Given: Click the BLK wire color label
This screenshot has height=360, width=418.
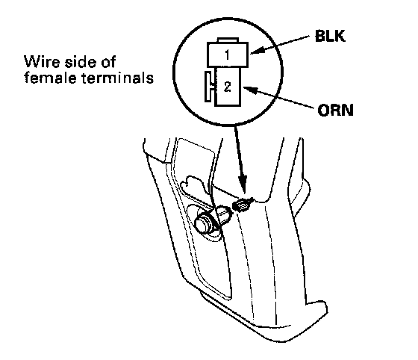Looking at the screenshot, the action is click(x=330, y=36).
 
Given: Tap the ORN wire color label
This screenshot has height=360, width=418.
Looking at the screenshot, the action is click(x=335, y=110).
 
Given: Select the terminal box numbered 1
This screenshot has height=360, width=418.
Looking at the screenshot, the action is click(x=228, y=55).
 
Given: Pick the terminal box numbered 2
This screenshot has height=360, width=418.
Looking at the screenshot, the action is click(x=228, y=87).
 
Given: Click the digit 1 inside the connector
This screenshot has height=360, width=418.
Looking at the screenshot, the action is click(x=227, y=55).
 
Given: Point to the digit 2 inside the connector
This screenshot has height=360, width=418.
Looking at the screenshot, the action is click(x=228, y=87).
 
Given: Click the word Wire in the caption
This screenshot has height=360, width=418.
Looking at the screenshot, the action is click(x=42, y=62).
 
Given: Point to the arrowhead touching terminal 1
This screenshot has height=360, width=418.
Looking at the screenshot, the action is click(x=257, y=51).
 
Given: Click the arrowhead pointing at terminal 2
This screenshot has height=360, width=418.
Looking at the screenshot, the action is click(x=250, y=90).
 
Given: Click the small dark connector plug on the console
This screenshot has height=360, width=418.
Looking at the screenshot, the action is click(x=242, y=205).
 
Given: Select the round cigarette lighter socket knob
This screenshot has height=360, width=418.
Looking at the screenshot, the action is click(x=204, y=223).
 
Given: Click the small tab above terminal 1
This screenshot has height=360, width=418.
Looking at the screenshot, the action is click(x=228, y=40).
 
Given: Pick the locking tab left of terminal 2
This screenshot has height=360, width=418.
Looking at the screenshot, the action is click(x=209, y=87).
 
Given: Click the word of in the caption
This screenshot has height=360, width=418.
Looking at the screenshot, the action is click(x=108, y=62).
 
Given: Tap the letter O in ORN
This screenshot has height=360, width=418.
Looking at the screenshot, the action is click(x=324, y=110).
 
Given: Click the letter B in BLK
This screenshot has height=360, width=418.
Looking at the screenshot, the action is click(x=320, y=36).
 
